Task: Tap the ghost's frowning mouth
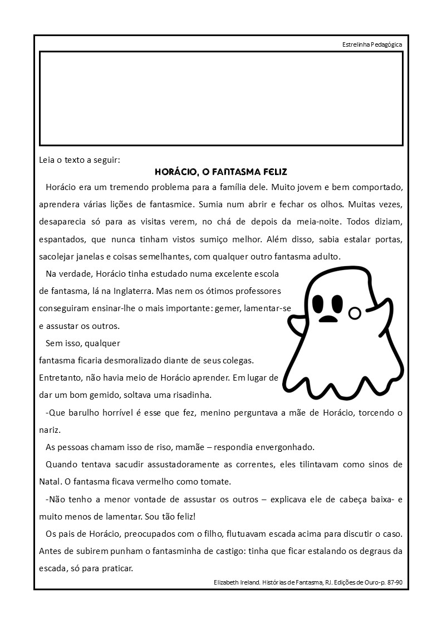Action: coord(329,319)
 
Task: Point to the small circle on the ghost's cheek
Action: coord(354,314)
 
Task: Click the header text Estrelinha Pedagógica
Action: coord(372,44)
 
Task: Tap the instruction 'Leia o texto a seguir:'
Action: coord(80,161)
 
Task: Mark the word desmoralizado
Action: coord(151,361)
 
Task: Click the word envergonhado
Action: coord(284,447)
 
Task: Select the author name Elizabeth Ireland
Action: coord(236,582)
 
